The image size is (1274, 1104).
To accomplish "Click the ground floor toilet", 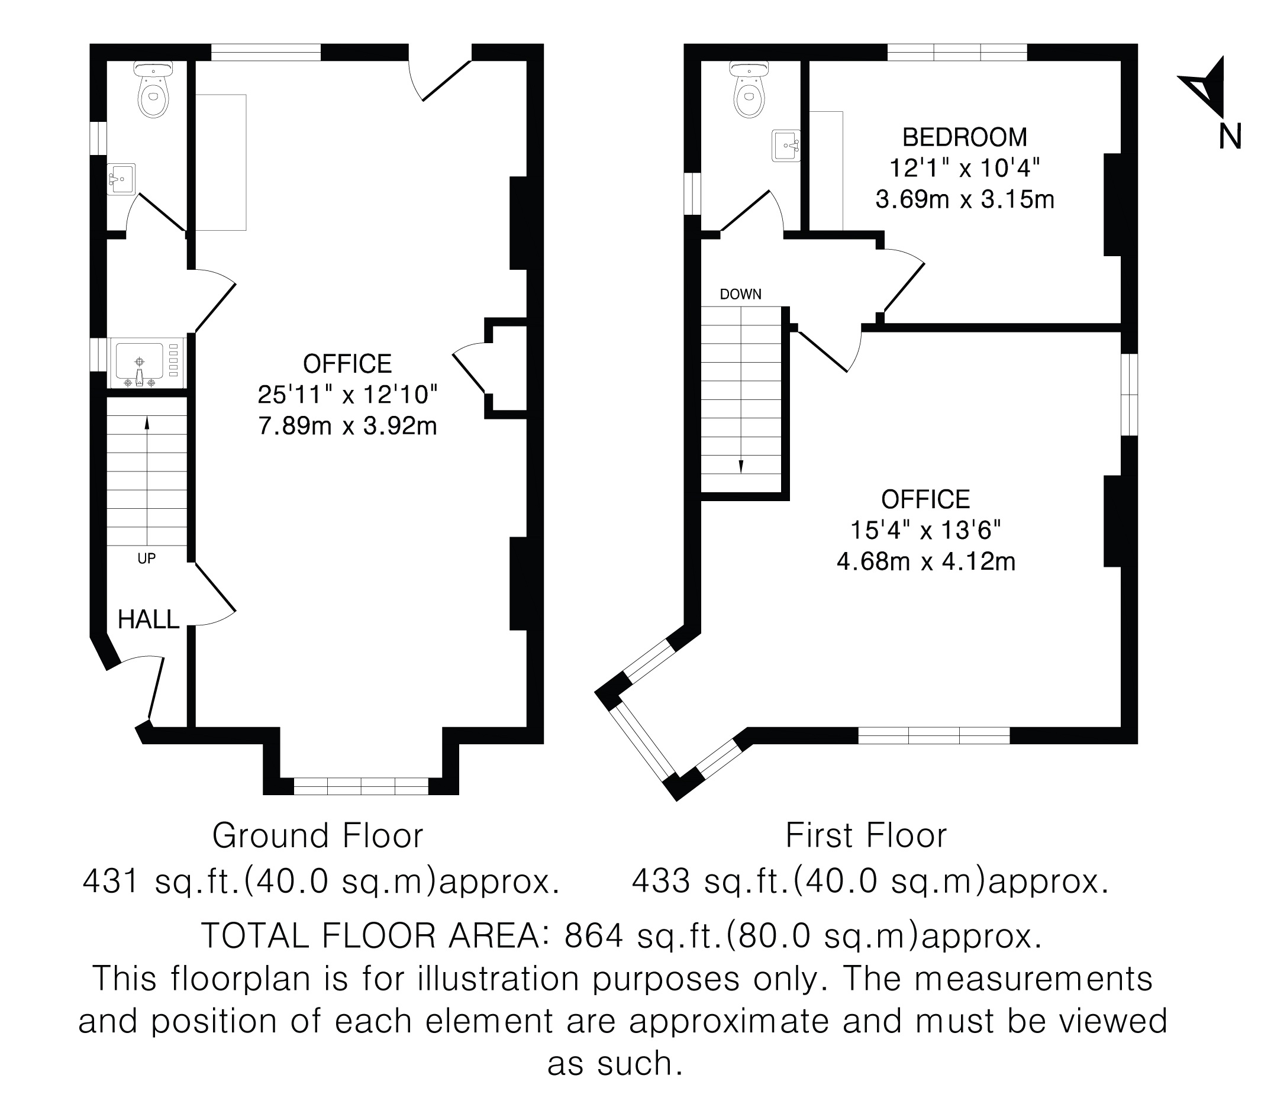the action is (153, 90).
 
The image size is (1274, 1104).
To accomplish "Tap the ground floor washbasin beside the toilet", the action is (121, 179).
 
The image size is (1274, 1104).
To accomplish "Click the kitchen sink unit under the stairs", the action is (147, 363).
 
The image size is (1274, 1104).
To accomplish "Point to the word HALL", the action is (149, 620).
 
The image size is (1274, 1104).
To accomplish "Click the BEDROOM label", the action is (965, 137).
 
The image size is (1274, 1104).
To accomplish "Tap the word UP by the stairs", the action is (147, 559).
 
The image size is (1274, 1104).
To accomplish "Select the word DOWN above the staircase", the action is (740, 295).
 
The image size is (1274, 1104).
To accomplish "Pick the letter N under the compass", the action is (1230, 137).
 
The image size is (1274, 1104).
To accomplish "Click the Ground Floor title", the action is (318, 836).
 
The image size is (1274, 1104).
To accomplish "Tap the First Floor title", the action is (866, 836).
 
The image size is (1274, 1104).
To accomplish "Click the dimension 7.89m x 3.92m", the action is (347, 426).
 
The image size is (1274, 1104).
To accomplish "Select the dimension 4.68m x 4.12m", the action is (926, 561).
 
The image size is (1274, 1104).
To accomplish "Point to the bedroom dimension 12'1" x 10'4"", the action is (965, 167).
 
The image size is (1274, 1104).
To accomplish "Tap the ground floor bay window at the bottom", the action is (361, 786).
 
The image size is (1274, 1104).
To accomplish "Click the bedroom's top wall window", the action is (957, 53).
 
